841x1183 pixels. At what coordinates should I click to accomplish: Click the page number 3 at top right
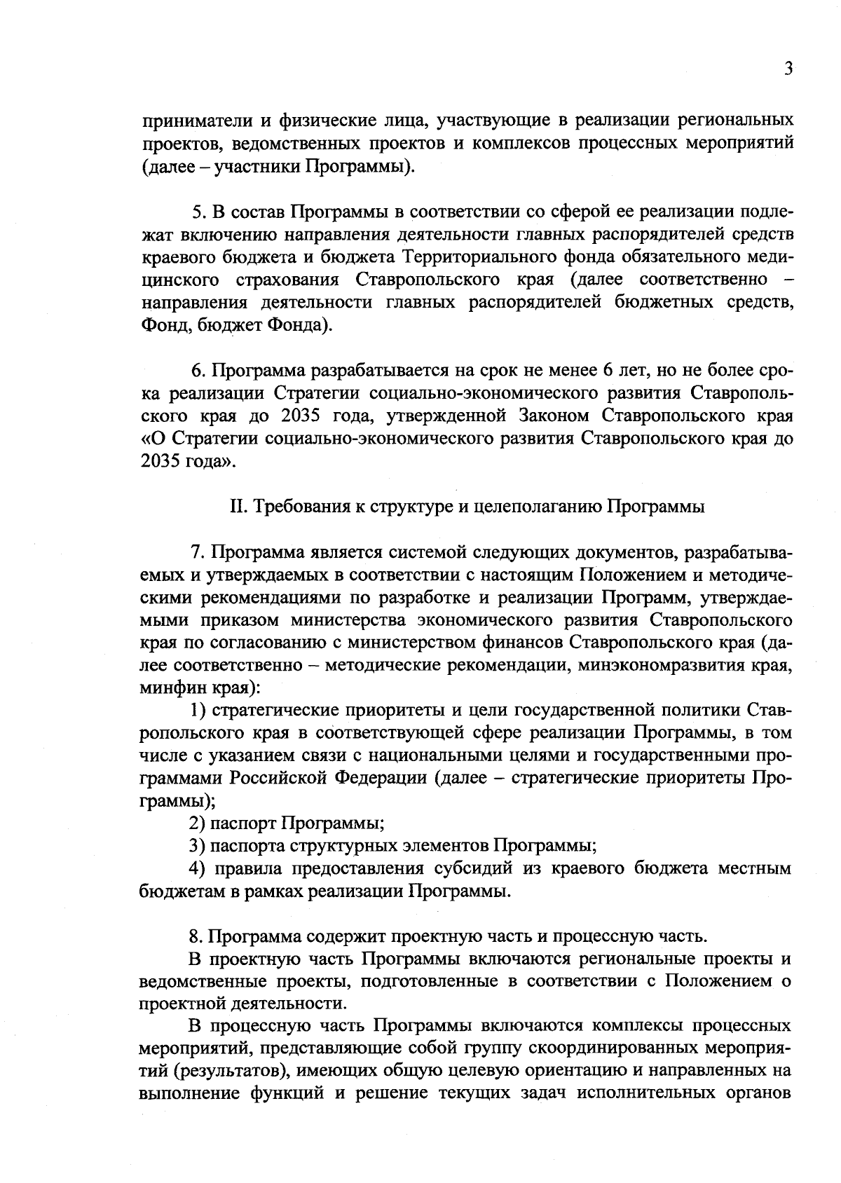pos(788,69)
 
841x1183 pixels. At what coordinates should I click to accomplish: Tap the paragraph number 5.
pos(197,211)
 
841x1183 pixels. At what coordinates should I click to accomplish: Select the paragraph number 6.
pos(197,370)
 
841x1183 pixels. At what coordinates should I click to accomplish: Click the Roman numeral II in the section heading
pos(237,507)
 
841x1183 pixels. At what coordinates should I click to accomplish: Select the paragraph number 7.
pos(197,553)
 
